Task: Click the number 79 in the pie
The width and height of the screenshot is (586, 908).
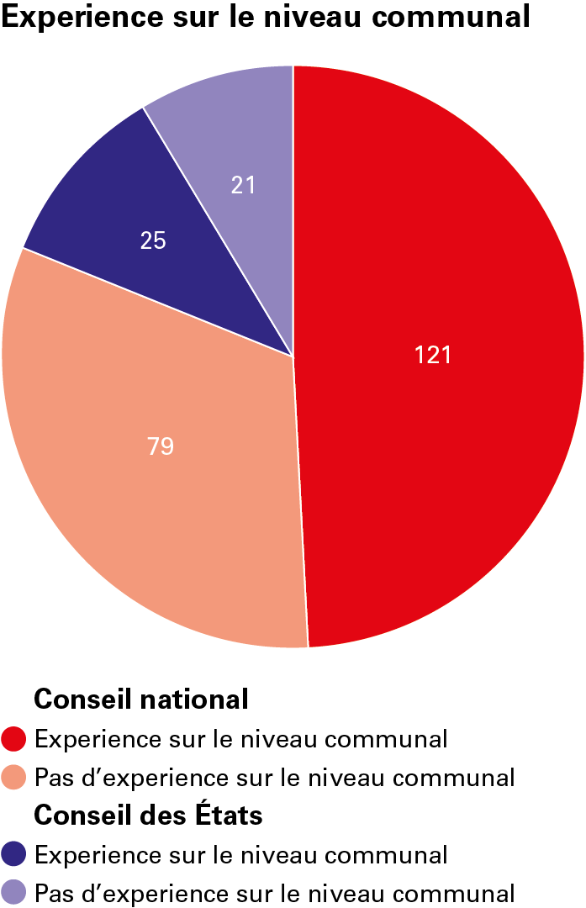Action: click(161, 446)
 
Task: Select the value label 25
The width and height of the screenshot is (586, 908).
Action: click(153, 241)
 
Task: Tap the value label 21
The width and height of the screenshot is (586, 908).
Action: click(244, 184)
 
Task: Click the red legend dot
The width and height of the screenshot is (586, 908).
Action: click(14, 739)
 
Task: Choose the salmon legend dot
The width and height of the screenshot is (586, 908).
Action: click(14, 778)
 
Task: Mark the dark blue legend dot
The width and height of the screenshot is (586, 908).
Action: click(14, 854)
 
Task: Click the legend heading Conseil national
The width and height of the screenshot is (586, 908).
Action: click(140, 699)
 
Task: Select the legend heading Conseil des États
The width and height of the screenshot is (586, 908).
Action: click(147, 816)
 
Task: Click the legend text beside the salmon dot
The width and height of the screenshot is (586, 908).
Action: click(274, 778)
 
